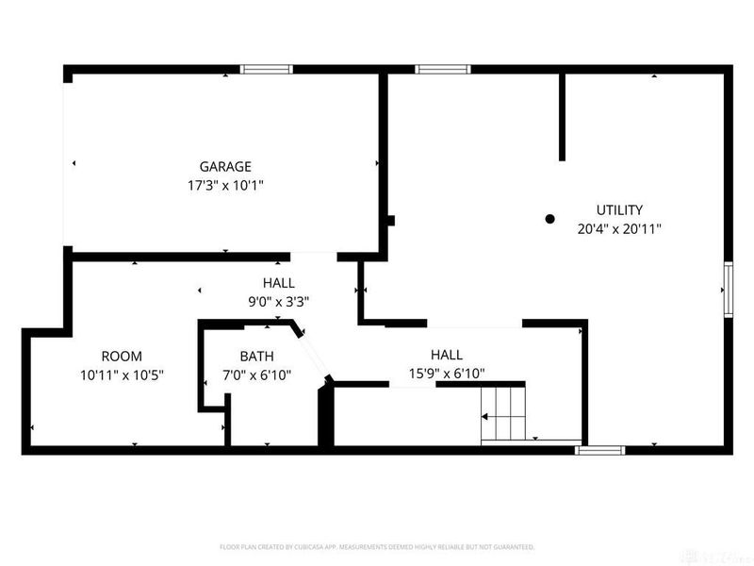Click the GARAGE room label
coord(225,167)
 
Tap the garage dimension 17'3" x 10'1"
coord(225,186)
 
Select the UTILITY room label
coord(619,209)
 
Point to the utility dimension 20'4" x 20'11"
coord(619,228)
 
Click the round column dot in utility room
coord(550,219)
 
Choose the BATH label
coord(256,357)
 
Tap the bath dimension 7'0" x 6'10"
coord(256,375)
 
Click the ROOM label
coord(122,356)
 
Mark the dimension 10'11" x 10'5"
coord(122,375)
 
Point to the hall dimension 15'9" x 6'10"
coord(446,374)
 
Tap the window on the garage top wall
coord(266,69)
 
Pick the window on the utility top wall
coord(443,69)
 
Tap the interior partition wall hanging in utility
coord(562,116)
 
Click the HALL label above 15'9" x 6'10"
coord(446,355)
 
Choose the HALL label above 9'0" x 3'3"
coord(278,283)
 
